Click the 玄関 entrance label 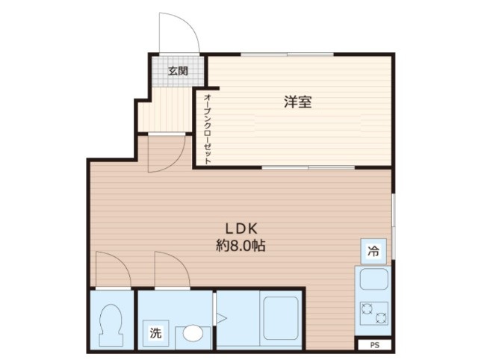pos(177,72)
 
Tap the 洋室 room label pos(297,103)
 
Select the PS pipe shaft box pos(374,345)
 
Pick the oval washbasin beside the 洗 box pos(193,333)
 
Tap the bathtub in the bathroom pos(281,317)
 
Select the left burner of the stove pos(367,312)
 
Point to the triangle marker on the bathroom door pos(220,318)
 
